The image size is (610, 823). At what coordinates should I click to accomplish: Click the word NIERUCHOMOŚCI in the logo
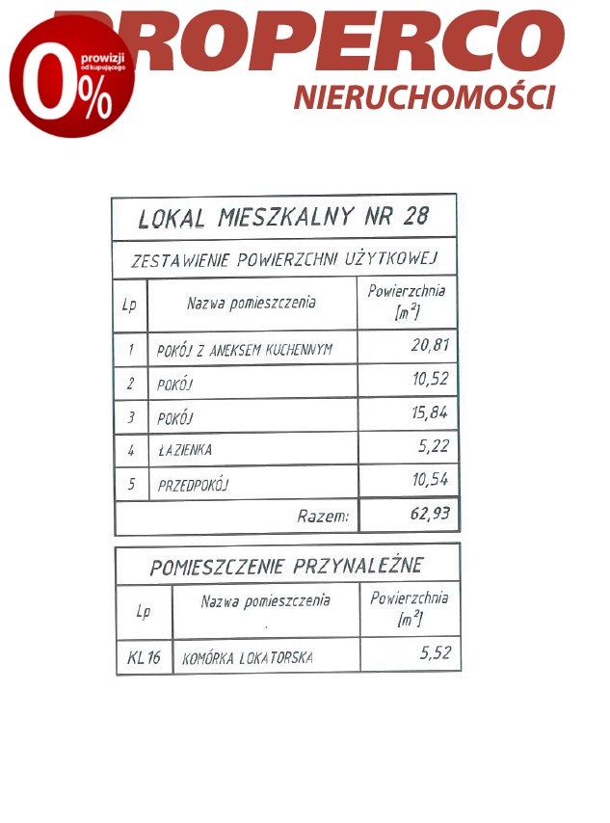tap(424, 96)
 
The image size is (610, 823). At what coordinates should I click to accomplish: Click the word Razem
tap(323, 516)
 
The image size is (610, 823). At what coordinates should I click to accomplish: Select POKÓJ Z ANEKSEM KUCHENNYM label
tap(244, 350)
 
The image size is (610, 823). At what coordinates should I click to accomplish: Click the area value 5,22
tap(433, 446)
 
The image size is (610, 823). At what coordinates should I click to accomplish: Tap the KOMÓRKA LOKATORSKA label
tap(248, 659)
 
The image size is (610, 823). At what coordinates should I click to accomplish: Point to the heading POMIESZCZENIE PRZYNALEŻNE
tap(286, 566)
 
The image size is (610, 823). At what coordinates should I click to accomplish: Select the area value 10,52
tap(430, 379)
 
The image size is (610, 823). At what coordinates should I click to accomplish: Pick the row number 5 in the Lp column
tap(130, 484)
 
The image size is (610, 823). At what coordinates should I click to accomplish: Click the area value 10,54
tap(430, 479)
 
